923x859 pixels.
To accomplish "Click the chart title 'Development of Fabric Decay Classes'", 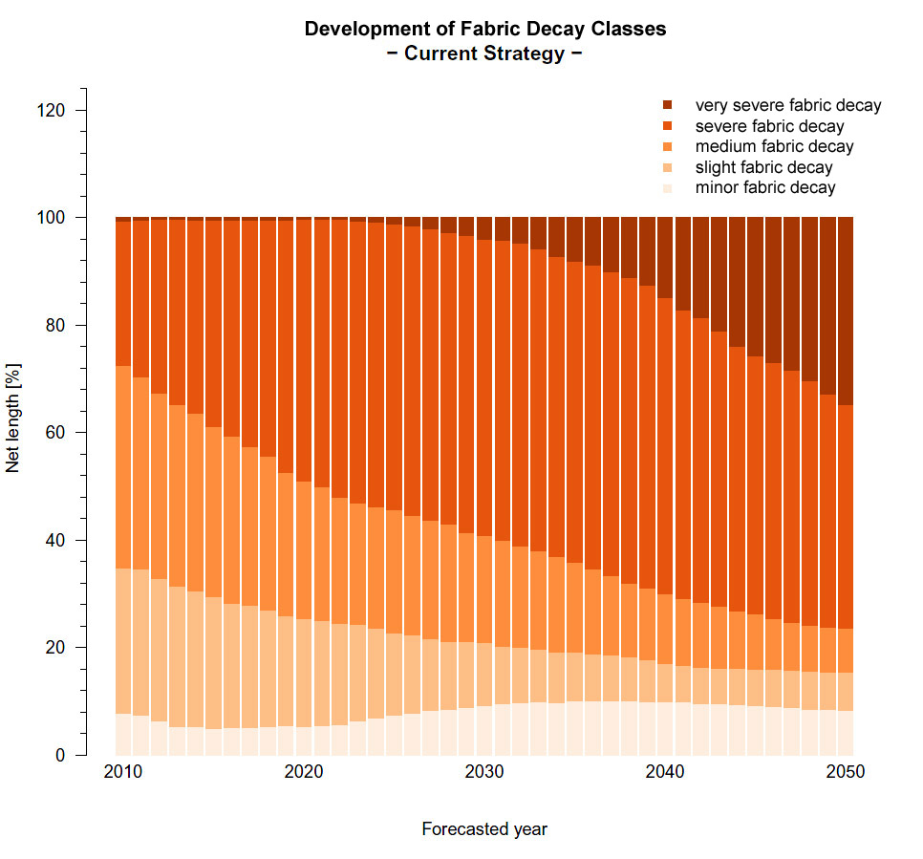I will pyautogui.click(x=485, y=29).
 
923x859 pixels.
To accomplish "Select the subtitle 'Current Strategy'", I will pyautogui.click(x=484, y=54).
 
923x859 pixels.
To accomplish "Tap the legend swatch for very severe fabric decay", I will pyautogui.click(x=668, y=105).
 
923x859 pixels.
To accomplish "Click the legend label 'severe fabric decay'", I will pyautogui.click(x=769, y=126).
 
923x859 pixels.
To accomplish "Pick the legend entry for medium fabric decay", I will pyautogui.click(x=774, y=146).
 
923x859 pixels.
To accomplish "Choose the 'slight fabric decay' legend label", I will pyautogui.click(x=763, y=167).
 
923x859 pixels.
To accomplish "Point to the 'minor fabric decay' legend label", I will pyautogui.click(x=764, y=187).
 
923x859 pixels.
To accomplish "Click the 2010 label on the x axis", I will pyautogui.click(x=122, y=772).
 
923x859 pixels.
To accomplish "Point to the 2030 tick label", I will pyautogui.click(x=483, y=772).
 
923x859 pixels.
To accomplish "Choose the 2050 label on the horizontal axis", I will pyautogui.click(x=845, y=772).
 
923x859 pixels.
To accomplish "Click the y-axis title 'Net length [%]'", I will pyautogui.click(x=13, y=417).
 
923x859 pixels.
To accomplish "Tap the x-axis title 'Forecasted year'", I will pyautogui.click(x=484, y=829).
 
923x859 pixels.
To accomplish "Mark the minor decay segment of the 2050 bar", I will pyautogui.click(x=845, y=733).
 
